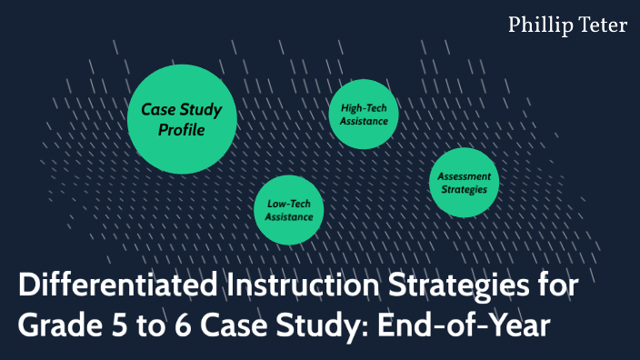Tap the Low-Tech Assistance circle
pos(289,209)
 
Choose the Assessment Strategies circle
pos(464,182)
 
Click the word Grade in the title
pos(55,325)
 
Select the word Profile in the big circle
pos(182,130)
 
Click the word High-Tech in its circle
pos(364,107)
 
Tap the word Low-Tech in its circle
pos(289,204)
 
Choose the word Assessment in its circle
pos(464,175)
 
